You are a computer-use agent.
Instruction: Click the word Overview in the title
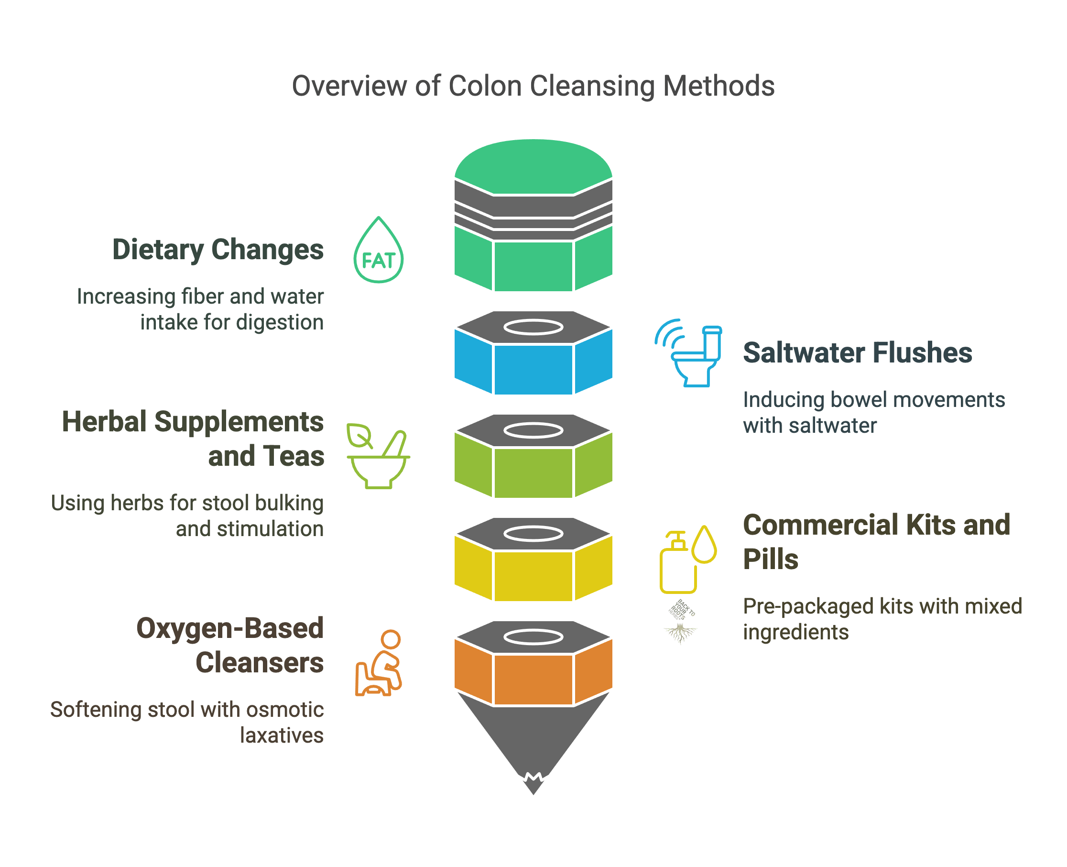pos(349,86)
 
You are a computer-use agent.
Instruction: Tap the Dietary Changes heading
pos(218,249)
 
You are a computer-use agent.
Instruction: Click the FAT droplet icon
pos(379,251)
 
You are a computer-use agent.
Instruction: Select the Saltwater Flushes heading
pos(857,352)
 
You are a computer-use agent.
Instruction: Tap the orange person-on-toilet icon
pos(379,663)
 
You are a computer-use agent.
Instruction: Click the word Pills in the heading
pos(771,559)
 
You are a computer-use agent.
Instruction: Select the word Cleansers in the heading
pos(259,663)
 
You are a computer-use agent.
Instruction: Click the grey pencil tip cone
pos(533,739)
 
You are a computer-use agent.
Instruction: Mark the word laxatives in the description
pos(282,735)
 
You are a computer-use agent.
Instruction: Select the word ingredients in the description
pos(796,632)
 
